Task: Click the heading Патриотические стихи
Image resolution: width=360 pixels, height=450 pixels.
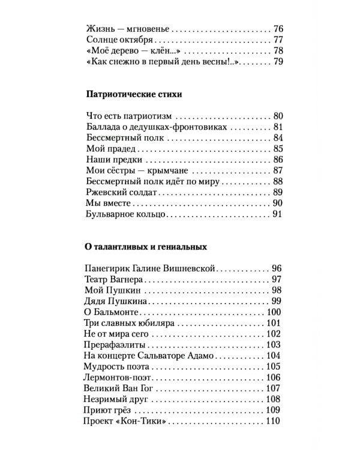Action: point(134,94)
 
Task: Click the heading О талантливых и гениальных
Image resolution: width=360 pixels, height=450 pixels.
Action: point(147,247)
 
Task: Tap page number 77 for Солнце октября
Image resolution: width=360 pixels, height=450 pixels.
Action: point(277,40)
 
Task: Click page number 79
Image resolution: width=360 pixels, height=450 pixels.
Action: point(277,61)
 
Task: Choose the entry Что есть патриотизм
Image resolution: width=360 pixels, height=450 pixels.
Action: point(130,116)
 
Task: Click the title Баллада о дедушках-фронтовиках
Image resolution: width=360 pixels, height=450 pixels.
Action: point(157,127)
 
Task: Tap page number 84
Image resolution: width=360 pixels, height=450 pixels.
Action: point(277,138)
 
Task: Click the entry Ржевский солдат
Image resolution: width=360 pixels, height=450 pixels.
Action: point(122,192)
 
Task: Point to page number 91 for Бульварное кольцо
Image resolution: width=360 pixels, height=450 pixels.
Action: point(277,214)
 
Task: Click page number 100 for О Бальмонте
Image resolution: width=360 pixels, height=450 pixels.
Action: point(273,312)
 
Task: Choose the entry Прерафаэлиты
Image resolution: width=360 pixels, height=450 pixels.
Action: point(118,344)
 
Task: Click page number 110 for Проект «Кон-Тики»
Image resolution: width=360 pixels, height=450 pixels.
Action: point(273,421)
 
